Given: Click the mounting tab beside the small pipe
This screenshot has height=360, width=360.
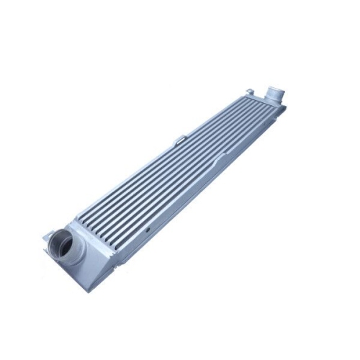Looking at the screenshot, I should (x=249, y=91).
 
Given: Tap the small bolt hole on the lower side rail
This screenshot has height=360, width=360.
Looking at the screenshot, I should (x=148, y=232).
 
